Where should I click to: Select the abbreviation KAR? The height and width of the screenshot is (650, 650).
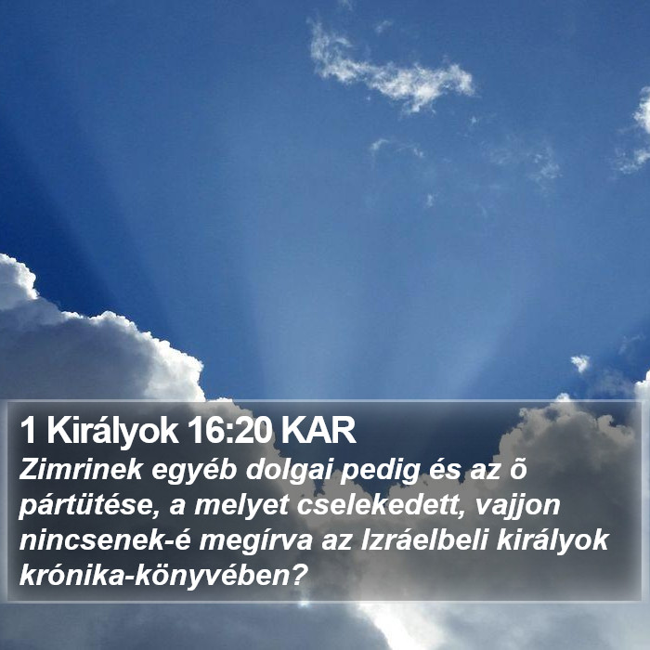(x=318, y=431)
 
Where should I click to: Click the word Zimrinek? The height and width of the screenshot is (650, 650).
(x=81, y=470)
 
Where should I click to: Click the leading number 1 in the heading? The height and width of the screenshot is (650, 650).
(x=28, y=431)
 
